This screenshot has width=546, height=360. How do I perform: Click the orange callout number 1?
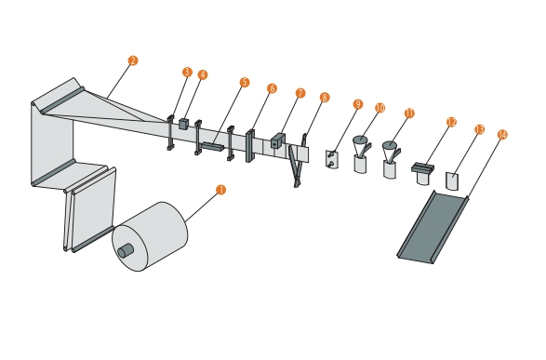tap(220, 190)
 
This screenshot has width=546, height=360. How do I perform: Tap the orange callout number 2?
tap(133, 60)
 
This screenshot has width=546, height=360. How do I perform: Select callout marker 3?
tap(187, 72)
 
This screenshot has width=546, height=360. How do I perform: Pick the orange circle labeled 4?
tap(203, 74)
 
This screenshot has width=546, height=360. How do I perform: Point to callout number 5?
tap(245, 83)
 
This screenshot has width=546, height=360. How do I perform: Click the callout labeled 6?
tap(272, 88)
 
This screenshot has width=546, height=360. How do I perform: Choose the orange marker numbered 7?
tap(300, 93)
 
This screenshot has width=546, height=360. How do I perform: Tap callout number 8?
tap(325, 98)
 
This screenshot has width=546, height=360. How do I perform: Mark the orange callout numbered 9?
tap(357, 104)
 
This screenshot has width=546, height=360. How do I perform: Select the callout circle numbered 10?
tap(380, 108)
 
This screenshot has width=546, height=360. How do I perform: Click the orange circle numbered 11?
tap(409, 113)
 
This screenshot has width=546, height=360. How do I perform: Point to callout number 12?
tap(451, 122)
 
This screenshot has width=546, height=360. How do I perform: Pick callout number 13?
tap(479, 129)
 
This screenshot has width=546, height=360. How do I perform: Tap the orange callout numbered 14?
tap(502, 135)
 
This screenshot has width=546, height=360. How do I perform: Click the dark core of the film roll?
tap(126, 250)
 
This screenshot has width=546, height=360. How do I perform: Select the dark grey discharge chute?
tap(433, 227)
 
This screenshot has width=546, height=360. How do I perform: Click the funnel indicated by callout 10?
tap(360, 145)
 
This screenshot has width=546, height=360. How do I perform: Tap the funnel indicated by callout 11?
tap(390, 151)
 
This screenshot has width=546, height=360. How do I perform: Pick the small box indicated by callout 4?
tap(183, 124)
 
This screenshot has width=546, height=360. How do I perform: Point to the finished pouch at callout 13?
tap(452, 181)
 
